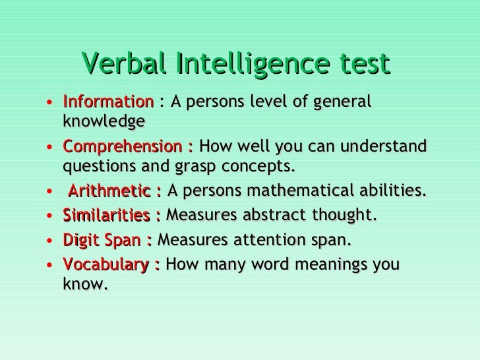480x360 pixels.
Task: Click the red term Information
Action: [107, 103]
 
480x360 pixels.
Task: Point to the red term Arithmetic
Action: [109, 192]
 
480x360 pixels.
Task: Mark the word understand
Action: [380, 146]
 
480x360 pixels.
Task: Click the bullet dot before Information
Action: [51, 104]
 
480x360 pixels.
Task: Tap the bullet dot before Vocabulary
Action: [51, 266]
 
